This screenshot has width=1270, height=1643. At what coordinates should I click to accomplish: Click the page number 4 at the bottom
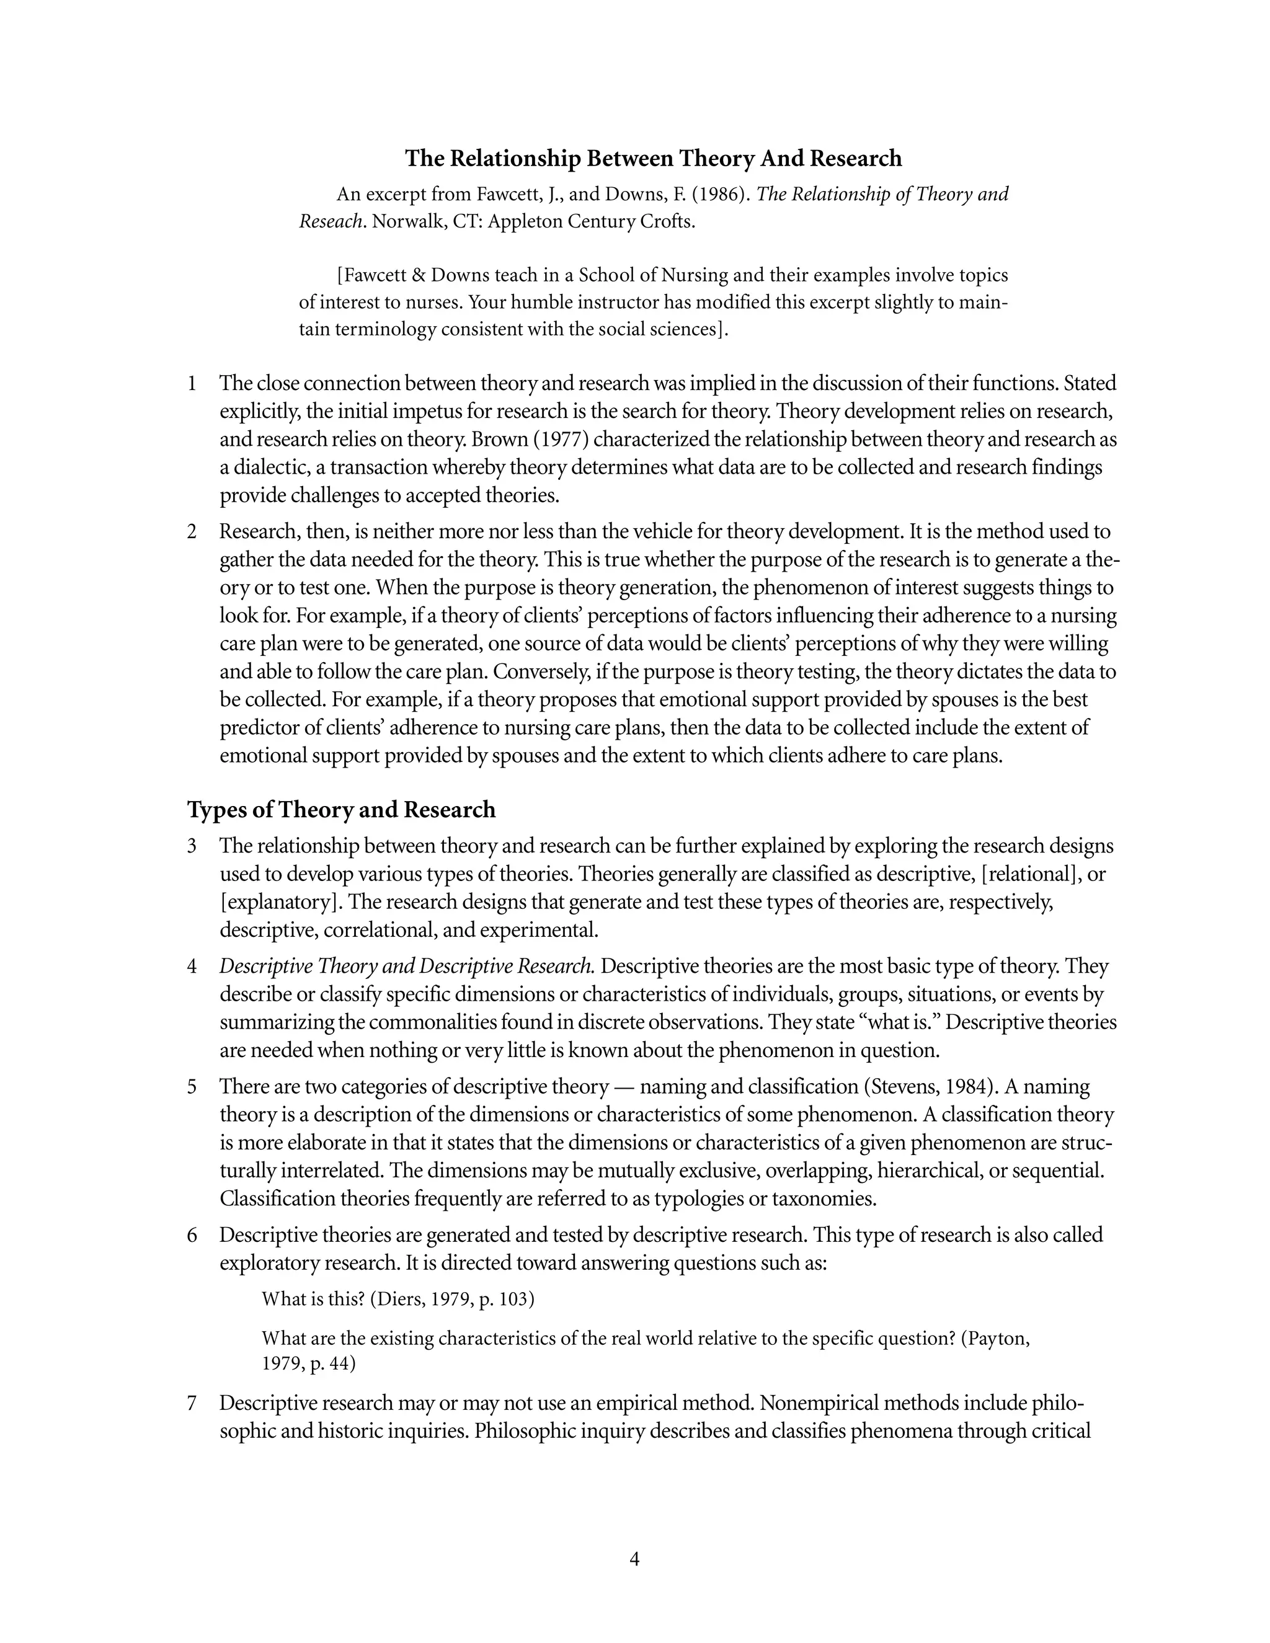click(634, 1559)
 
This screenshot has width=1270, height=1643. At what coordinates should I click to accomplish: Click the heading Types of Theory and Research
click(341, 810)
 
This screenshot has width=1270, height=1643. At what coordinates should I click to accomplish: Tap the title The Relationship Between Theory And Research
click(653, 158)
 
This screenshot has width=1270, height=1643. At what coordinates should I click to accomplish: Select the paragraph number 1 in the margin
click(192, 383)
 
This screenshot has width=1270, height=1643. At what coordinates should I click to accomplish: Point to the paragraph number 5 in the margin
click(192, 1086)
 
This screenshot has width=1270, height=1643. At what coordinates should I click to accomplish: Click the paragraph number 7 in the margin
click(192, 1402)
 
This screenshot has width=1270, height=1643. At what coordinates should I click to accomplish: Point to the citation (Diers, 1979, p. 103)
click(452, 1299)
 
